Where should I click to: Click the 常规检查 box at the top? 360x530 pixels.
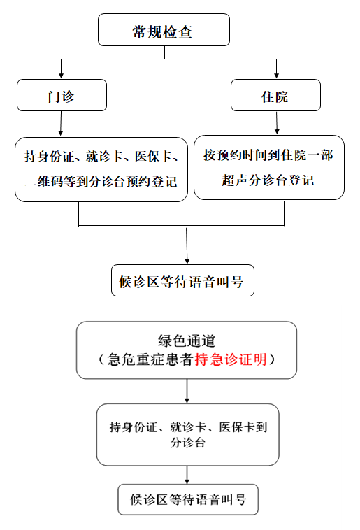tap(164, 30)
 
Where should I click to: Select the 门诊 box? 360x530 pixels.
tap(62, 95)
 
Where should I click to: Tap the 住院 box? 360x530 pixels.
tap(275, 95)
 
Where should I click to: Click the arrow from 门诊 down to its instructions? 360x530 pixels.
tap(61, 123)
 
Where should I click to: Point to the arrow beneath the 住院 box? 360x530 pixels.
tap(277, 122)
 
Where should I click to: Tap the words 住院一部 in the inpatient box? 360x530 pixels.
tap(307, 155)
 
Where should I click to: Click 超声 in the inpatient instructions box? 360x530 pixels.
tap(235, 180)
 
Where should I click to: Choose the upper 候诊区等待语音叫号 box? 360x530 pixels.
tap(182, 280)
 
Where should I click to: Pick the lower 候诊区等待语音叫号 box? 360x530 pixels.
tap(188, 499)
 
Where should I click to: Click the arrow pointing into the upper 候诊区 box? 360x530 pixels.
tap(187, 245)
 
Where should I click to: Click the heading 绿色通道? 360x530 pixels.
tap(187, 341)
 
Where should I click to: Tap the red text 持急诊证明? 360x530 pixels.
tap(231, 359)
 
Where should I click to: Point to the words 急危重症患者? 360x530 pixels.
tap(151, 359)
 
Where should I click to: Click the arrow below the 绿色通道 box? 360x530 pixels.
tap(187, 391)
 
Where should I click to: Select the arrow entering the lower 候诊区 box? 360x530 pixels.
tap(187, 475)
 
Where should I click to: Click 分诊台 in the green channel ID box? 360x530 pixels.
tap(188, 443)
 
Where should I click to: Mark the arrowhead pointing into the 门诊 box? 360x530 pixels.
tap(62, 76)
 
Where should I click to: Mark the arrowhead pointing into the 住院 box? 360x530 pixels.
tap(277, 76)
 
